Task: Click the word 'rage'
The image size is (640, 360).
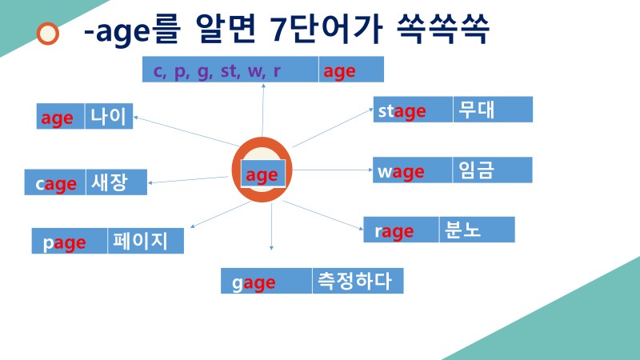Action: [x=394, y=232]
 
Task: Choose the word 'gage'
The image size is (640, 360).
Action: [x=254, y=282]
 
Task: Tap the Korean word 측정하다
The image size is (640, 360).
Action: [x=356, y=281]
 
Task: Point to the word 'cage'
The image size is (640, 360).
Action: [x=56, y=184]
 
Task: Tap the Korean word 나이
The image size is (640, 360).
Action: [x=108, y=117]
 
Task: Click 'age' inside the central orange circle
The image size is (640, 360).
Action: [x=262, y=174]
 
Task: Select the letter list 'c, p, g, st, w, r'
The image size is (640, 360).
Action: [x=217, y=70]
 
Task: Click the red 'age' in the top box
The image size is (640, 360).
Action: [x=339, y=71]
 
